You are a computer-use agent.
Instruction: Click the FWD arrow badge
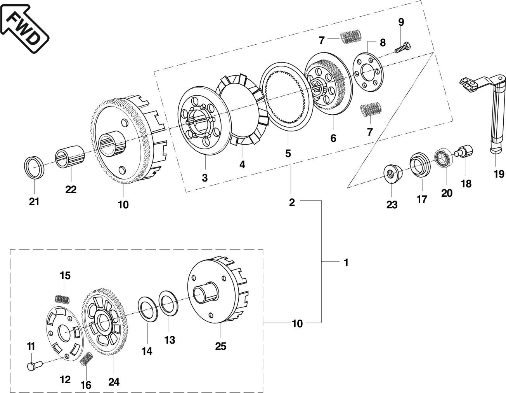point(24,28)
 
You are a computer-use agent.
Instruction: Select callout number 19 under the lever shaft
point(499,174)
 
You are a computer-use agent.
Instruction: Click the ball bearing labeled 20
point(444,159)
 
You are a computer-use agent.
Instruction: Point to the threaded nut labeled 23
point(393,174)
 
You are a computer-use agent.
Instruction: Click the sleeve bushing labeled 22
point(70,157)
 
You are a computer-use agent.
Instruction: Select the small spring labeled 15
point(62,300)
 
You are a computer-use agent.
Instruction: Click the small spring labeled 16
point(86,359)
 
